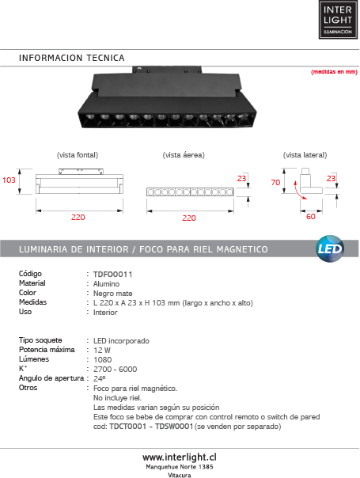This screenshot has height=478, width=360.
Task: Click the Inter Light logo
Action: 338,20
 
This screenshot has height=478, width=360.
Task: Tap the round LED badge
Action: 330,248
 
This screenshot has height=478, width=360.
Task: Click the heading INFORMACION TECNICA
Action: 72,58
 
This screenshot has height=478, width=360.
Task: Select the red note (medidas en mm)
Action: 334,72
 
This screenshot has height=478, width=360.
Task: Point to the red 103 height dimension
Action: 9,180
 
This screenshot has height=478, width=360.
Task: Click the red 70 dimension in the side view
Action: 275,182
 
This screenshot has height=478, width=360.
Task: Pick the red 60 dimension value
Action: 311,216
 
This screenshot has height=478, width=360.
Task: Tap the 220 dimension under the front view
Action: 78,218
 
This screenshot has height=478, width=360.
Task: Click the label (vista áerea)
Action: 184,155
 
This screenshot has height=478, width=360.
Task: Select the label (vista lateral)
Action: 305,155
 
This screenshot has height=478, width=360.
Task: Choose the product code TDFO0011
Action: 113,275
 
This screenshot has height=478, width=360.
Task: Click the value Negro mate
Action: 113,294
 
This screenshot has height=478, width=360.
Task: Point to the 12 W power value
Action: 102,351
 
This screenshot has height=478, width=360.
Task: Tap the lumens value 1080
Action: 102,360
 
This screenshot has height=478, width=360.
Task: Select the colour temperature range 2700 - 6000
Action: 116,369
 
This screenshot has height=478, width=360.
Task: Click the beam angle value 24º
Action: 100,378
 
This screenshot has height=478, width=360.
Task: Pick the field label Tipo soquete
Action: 40,340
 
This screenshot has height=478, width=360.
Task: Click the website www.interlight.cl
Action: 180,457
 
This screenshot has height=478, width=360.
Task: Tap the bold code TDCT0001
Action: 128,427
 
